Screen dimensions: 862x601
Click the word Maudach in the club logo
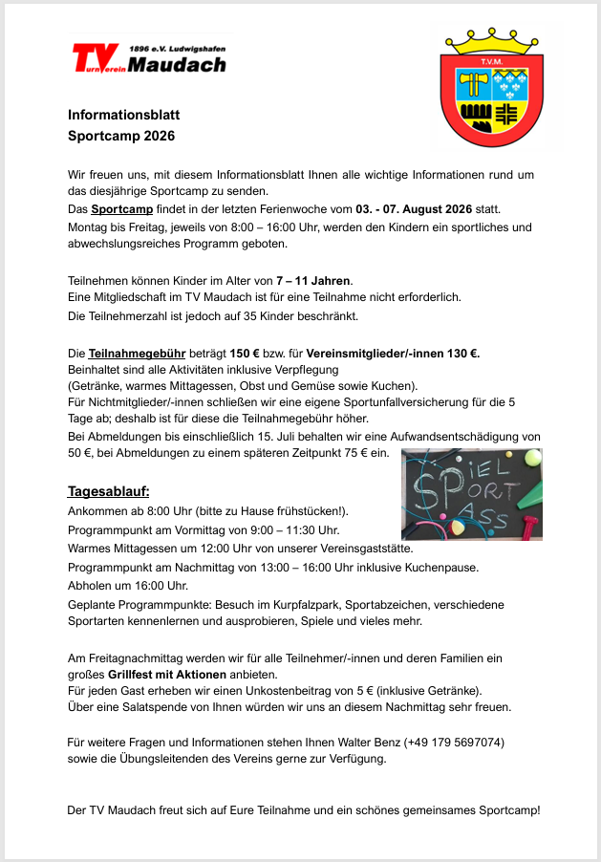(177, 65)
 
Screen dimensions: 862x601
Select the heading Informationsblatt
(123, 116)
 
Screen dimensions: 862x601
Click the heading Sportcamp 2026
(121, 136)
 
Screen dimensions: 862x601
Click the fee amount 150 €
(249, 354)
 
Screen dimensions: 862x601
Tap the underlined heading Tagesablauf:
(108, 491)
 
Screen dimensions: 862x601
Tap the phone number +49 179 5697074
(449, 743)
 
